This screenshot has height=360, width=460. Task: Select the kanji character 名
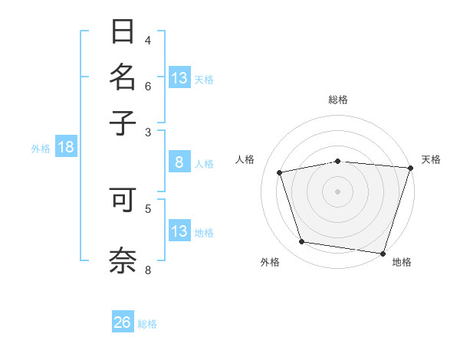(123, 78)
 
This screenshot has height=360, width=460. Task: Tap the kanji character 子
(123, 122)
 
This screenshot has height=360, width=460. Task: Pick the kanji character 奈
(123, 258)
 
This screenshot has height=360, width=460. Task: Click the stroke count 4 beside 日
(148, 40)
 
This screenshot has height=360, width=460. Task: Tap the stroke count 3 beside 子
(148, 132)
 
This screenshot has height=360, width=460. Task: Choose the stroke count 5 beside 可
(148, 208)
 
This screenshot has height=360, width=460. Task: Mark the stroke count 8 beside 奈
(148, 270)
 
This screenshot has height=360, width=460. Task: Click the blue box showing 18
(66, 147)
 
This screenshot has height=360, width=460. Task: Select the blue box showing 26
(122, 322)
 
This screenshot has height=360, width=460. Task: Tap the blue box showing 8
(179, 162)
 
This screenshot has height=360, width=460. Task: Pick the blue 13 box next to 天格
(179, 78)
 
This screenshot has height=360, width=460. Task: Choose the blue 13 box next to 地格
(179, 231)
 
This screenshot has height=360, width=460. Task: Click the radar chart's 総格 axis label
(338, 100)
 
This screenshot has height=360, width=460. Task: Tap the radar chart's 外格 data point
(302, 242)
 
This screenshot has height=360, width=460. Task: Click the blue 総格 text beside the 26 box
(147, 324)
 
